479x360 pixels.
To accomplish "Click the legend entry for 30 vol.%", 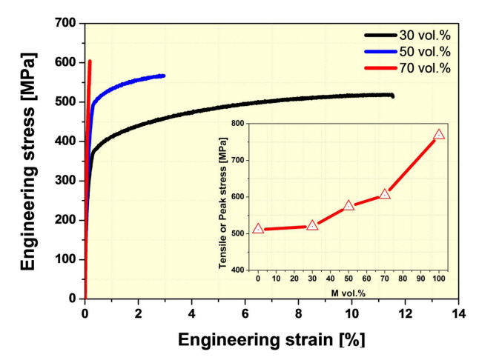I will point(421,34).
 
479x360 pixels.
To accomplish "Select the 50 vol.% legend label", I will point(421,51).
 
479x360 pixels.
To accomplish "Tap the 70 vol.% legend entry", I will point(421,68).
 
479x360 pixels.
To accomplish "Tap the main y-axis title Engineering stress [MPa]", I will point(28,161).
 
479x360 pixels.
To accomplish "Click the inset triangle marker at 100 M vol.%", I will point(439,135).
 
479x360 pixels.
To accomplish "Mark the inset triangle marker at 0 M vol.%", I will point(258,229).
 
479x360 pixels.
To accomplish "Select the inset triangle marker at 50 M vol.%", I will point(348,205).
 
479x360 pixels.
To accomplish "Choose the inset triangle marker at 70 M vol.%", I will point(385,194).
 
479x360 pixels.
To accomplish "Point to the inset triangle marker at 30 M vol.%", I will point(312,225).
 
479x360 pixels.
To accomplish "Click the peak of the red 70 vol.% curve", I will point(90,61).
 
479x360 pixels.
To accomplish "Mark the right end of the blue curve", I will point(163,76).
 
